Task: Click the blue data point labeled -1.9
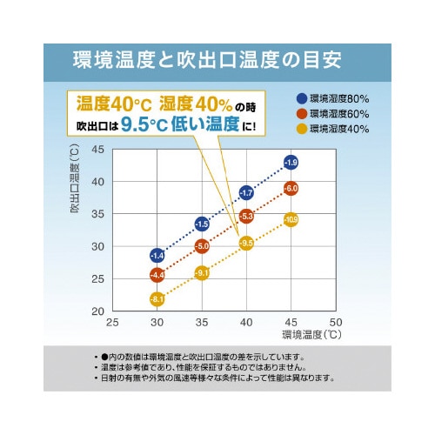click(291, 163)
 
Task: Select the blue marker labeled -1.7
click(246, 192)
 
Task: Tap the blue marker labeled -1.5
click(202, 224)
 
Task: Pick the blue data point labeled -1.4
click(157, 256)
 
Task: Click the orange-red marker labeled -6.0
click(291, 188)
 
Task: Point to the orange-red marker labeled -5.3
click(246, 216)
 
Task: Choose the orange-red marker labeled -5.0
click(202, 247)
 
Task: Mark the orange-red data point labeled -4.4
click(157, 276)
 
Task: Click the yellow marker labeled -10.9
click(291, 219)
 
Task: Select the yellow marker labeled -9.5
click(246, 243)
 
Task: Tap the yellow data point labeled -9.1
click(202, 273)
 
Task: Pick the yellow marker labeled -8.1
click(157, 300)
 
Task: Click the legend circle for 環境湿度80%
click(302, 97)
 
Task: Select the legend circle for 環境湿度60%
click(302, 113)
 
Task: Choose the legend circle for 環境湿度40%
click(302, 129)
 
